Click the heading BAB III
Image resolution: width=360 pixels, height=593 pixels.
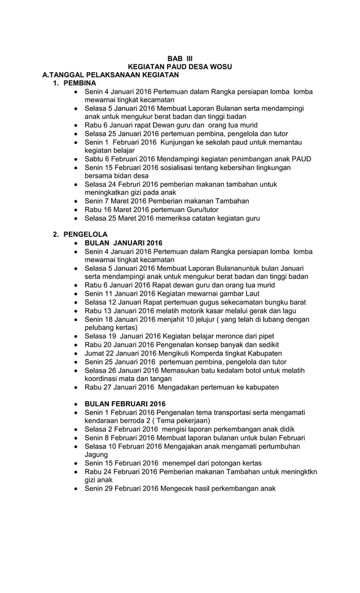(x=179, y=58)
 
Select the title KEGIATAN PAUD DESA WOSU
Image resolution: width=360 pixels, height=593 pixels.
(x=180, y=67)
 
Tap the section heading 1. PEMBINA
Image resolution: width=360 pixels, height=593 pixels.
(x=74, y=83)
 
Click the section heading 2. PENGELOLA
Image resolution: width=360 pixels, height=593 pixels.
(x=80, y=234)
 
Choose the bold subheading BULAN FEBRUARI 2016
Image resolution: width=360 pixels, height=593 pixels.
(x=125, y=404)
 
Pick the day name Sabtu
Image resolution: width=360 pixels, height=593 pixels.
(x=95, y=159)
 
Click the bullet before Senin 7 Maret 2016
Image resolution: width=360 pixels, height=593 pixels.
(x=76, y=201)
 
